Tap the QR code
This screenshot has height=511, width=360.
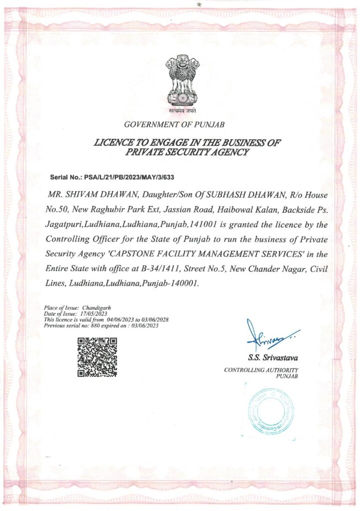tap(97, 357)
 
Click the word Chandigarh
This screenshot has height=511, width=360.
tap(98, 309)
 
